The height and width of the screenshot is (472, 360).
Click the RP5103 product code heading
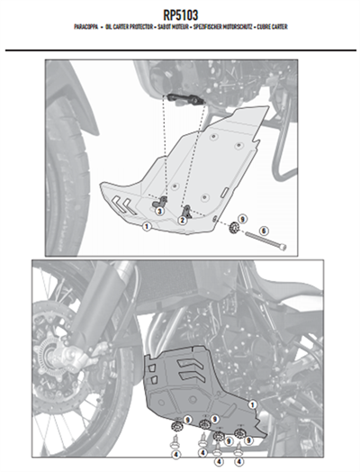pos(179,14)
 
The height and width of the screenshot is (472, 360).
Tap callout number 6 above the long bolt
pos(265,231)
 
